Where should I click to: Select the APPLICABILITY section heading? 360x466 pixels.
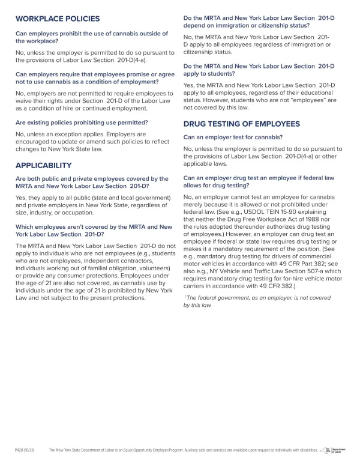pyautogui.click(x=43, y=165)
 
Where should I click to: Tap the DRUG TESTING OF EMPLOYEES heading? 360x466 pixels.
pyautogui.click(x=241, y=124)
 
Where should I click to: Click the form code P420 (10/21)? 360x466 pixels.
pyautogui.click(x=23, y=449)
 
